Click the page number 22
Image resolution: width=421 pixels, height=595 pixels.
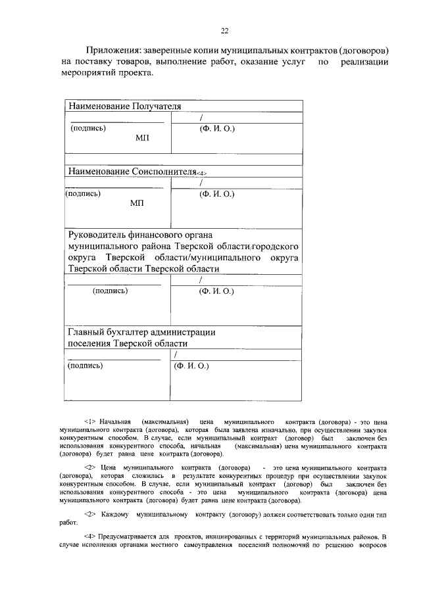[x=224, y=31]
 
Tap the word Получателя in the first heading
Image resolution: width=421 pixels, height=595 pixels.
[x=157, y=107]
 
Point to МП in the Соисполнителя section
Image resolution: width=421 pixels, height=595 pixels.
[x=137, y=205]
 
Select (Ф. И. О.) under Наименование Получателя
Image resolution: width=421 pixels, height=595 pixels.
[x=216, y=129]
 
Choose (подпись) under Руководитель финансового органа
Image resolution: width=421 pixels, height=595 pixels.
[x=110, y=290]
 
